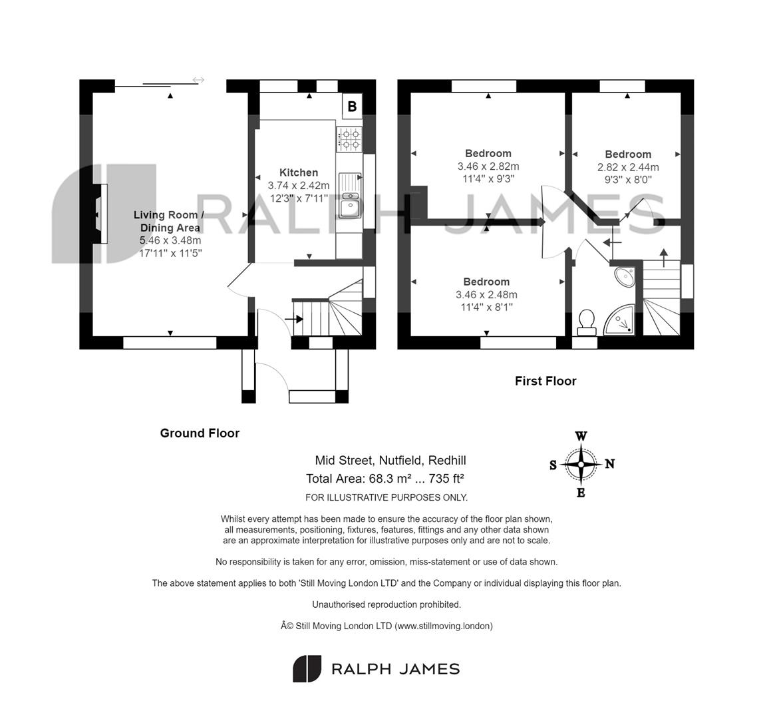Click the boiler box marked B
coord(352,107)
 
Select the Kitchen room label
coord(298,172)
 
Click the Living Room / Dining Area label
coord(170,221)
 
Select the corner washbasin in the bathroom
coord(624,275)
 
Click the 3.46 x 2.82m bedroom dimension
coord(488,166)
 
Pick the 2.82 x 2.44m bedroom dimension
coord(628,167)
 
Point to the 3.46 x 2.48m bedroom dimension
coord(486,295)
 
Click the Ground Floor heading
coord(200,433)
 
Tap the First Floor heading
coord(545,381)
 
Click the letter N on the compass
coord(609,464)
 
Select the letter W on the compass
coord(581,437)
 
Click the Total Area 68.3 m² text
coord(385,479)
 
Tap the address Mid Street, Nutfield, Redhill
coord(390,460)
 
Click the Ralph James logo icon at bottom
coord(307,669)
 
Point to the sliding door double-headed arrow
coord(198,81)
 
